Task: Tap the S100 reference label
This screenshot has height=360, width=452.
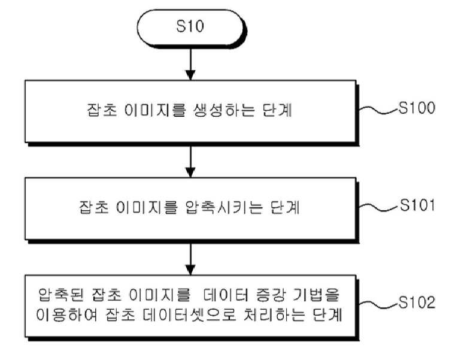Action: (x=417, y=108)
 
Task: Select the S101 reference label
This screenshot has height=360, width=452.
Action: (x=417, y=205)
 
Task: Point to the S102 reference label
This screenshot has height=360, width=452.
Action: (x=417, y=302)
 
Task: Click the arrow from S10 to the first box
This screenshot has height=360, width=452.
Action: (x=190, y=63)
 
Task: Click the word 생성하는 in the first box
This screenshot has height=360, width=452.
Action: (x=224, y=110)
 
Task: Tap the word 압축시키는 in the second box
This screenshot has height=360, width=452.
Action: (x=224, y=207)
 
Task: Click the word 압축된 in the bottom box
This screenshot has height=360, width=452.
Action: (x=61, y=294)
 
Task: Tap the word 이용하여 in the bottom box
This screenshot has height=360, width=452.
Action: (x=67, y=314)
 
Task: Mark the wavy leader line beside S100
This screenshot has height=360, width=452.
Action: (x=378, y=110)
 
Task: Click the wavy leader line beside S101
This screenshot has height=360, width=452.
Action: (x=378, y=207)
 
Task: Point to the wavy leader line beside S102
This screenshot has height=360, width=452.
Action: (x=378, y=305)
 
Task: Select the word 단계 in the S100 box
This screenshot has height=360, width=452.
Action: (x=277, y=110)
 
